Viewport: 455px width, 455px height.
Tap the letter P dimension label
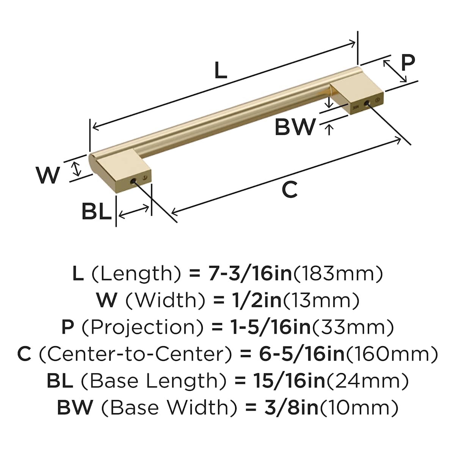pos(408,63)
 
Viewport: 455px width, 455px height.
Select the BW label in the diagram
pos(295,127)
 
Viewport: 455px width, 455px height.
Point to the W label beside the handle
pos(47,175)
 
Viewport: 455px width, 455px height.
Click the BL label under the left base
pos(97,212)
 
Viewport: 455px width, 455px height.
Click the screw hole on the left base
pos(133,182)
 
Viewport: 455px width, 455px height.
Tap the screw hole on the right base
pos(367,103)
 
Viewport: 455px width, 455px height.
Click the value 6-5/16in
pos(302,355)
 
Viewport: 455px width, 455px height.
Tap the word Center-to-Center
pos(135,355)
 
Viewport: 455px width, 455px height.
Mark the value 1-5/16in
pos(271,328)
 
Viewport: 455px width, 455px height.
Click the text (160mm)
pos(391,355)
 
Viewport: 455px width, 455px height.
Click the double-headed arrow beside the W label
pos(76,169)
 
